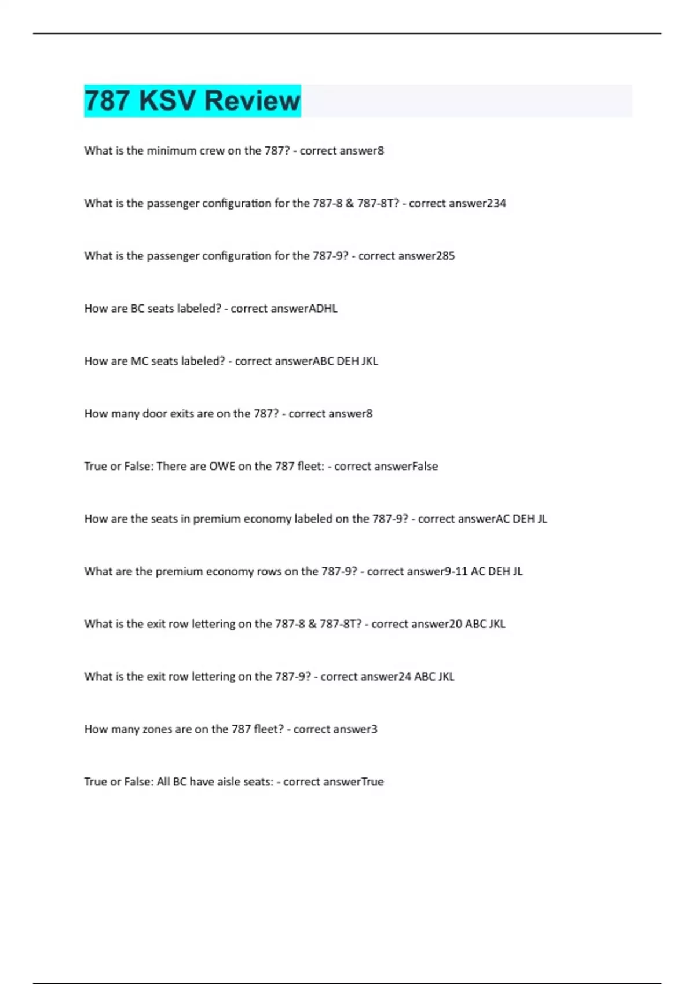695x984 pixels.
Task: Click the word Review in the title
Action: coord(252,101)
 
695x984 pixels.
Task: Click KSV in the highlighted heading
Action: coord(167,101)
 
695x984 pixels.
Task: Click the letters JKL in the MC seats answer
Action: coord(370,361)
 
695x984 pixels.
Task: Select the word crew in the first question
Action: coord(212,151)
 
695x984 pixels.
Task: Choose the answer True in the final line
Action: coord(372,782)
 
